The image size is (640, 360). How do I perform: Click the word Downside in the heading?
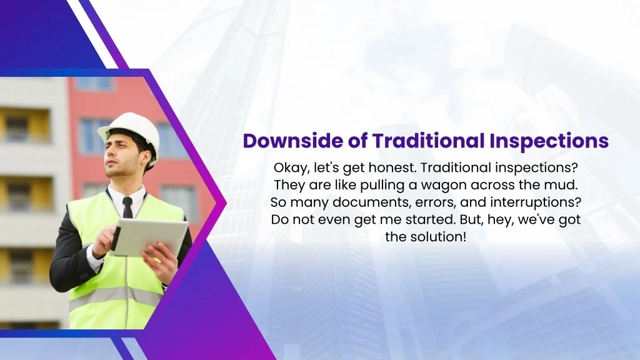click(292, 141)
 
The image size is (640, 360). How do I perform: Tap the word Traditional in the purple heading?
click(428, 141)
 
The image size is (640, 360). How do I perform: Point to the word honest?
click(391, 167)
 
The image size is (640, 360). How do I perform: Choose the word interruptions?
click(536, 202)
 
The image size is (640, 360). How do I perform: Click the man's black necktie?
click(127, 207)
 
